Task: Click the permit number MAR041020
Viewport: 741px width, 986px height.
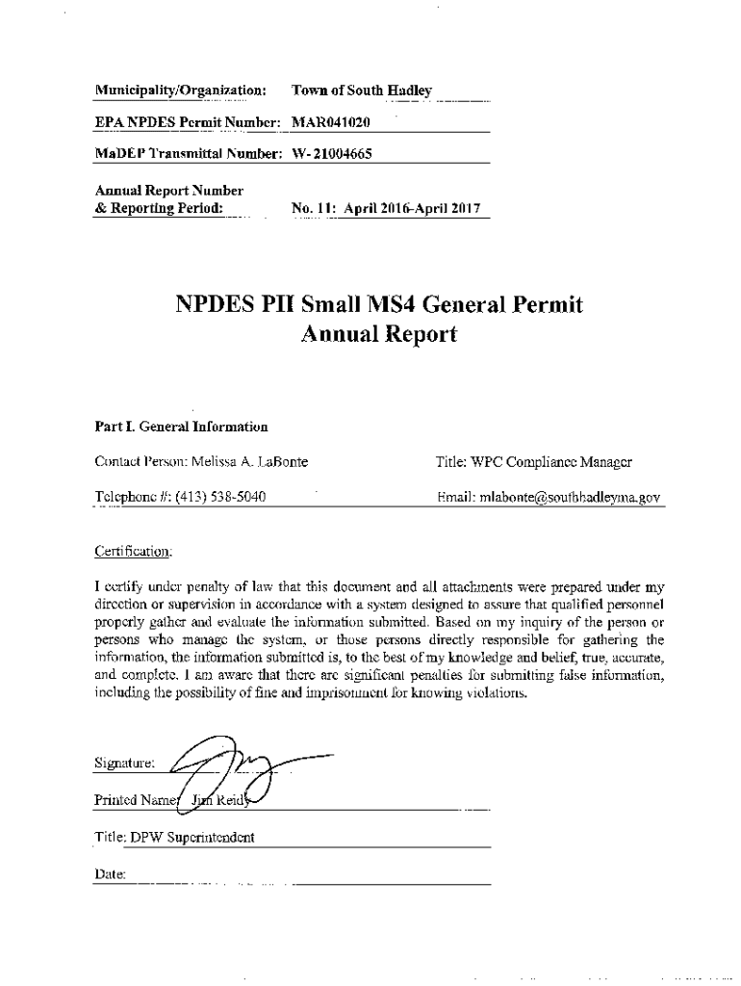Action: pos(331,122)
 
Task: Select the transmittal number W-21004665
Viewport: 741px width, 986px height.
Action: pos(332,154)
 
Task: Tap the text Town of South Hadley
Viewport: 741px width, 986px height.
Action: pos(362,91)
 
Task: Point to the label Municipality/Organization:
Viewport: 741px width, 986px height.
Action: pos(181,91)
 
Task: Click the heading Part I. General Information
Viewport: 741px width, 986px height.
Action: pos(181,427)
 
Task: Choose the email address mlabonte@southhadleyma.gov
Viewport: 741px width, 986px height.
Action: pos(571,498)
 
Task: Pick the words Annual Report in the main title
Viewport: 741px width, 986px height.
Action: pos(379,335)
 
